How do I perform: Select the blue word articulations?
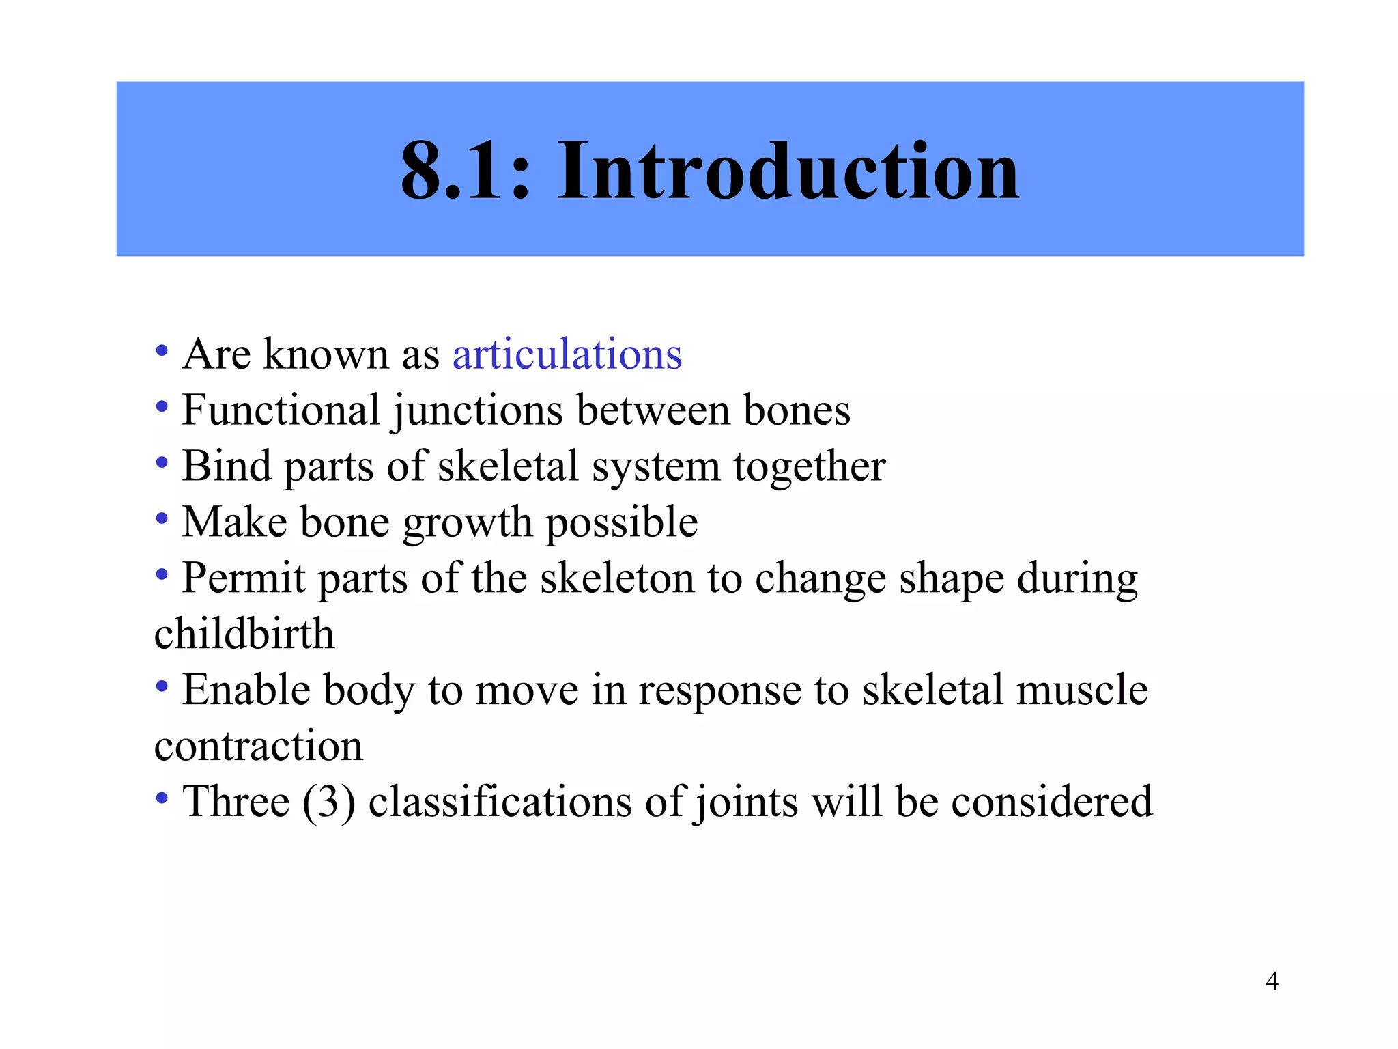pyautogui.click(x=567, y=354)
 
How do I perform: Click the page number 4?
pyautogui.click(x=1272, y=981)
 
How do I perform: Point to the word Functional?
pyautogui.click(x=281, y=410)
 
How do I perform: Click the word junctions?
pyautogui.click(x=477, y=412)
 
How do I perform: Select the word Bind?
pyautogui.click(x=227, y=466)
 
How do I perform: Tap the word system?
pyautogui.click(x=655, y=468)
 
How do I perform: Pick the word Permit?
pyautogui.click(x=244, y=579)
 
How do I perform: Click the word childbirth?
pyautogui.click(x=244, y=634)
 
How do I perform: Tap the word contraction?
pyautogui.click(x=259, y=746)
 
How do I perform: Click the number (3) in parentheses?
pyautogui.click(x=329, y=802)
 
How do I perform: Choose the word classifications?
pyautogui.click(x=500, y=802)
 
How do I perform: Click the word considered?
pyautogui.click(x=1052, y=802)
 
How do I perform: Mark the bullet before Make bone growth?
pyautogui.click(x=162, y=519)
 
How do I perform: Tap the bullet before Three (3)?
pyautogui.click(x=162, y=798)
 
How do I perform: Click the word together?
pyautogui.click(x=810, y=468)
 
